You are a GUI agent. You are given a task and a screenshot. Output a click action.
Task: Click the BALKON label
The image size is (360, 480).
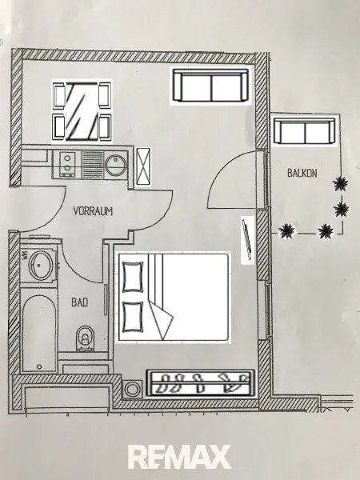(x=302, y=173)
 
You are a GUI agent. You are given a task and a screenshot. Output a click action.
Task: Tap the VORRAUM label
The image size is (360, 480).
(x=93, y=211)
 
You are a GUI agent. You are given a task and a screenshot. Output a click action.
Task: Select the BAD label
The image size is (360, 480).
(x=79, y=302)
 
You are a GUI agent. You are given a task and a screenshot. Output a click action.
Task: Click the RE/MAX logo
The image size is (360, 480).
(x=179, y=457)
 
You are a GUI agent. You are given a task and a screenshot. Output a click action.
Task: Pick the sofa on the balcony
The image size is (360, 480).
(x=305, y=130)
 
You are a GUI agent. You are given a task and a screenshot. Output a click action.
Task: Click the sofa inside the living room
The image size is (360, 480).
(x=210, y=86)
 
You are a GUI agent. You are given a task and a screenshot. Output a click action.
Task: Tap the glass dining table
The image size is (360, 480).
(x=82, y=112)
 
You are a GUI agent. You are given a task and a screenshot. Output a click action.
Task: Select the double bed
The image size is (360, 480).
(x=174, y=296)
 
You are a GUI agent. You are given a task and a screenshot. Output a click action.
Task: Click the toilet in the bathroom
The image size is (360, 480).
(x=85, y=338)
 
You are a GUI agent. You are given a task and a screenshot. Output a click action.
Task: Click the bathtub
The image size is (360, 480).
(x=39, y=333)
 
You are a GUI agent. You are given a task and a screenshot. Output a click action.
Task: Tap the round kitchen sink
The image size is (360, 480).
(x=116, y=165)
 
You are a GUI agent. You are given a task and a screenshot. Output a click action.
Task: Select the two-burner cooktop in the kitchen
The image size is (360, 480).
(x=67, y=164)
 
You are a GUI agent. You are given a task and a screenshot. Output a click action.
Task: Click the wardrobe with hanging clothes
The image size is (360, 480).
(x=201, y=383)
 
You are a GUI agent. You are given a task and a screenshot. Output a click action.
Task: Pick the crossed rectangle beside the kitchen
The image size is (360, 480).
(x=143, y=166)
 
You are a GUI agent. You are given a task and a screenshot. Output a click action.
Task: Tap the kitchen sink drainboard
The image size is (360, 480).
(x=93, y=164)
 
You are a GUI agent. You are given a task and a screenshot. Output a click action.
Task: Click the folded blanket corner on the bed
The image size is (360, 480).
(x=161, y=320)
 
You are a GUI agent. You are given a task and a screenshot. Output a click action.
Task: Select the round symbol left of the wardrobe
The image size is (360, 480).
(x=132, y=389)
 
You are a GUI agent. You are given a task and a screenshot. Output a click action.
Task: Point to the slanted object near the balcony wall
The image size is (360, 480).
(x=248, y=240)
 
